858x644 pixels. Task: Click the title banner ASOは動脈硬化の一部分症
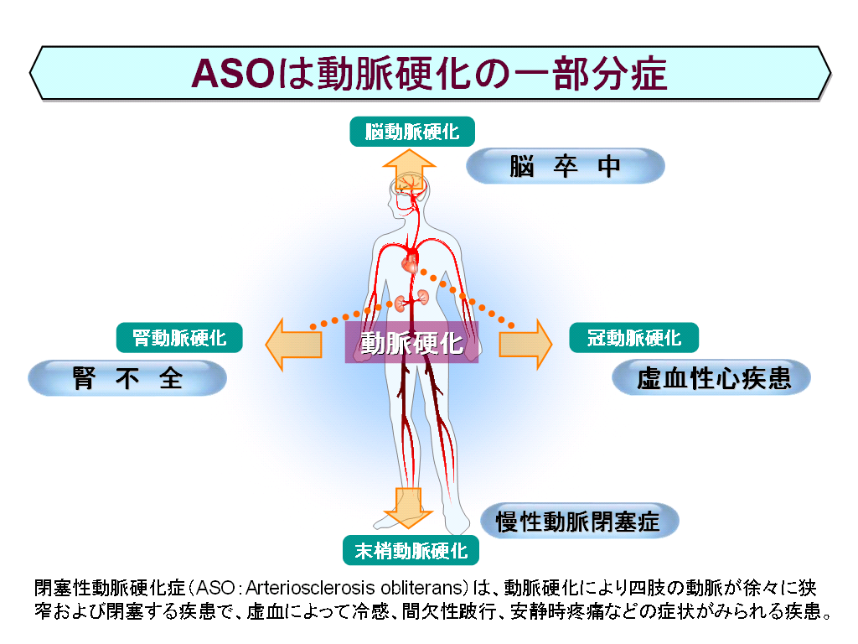[x=430, y=73]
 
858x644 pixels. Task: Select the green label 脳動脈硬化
[x=412, y=132]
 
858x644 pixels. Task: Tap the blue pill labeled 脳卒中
[x=566, y=166]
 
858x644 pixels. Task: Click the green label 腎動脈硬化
[x=179, y=337]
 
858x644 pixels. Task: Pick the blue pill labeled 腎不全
[x=127, y=378]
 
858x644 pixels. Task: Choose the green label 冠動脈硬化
[x=633, y=337]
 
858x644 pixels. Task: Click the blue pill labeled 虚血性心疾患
[x=711, y=378]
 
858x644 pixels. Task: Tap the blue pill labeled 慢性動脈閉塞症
[x=580, y=521]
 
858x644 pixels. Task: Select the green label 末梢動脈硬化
[x=411, y=550]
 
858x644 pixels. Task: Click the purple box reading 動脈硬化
[x=411, y=342]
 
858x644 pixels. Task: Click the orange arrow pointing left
[x=293, y=345]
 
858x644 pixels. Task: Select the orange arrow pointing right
[x=525, y=345]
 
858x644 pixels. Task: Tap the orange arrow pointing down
[x=408, y=507]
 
